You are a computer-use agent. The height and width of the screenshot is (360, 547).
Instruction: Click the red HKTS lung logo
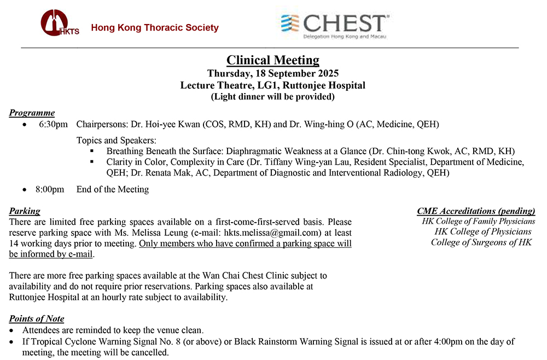[57, 24]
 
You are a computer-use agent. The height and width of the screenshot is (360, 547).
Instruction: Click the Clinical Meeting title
[273, 60]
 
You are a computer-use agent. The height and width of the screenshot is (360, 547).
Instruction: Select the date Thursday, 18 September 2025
[273, 73]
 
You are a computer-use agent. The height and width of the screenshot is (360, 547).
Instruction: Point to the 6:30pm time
[53, 124]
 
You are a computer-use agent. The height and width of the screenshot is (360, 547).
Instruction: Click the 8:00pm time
[50, 189]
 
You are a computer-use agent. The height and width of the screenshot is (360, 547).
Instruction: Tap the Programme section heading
[32, 113]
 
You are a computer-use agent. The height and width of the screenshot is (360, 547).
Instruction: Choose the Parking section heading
[25, 211]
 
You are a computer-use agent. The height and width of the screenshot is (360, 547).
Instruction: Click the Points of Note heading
[37, 319]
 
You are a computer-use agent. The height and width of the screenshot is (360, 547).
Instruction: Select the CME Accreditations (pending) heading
[476, 211]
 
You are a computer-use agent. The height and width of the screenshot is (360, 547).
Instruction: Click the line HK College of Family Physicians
[478, 222]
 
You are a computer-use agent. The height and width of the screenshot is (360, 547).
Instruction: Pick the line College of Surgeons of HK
[481, 242]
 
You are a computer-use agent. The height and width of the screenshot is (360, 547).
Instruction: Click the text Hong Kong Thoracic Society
[155, 28]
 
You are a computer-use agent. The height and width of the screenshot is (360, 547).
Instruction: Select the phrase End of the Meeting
[113, 189]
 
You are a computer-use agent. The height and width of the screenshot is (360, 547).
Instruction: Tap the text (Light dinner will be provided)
[273, 97]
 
